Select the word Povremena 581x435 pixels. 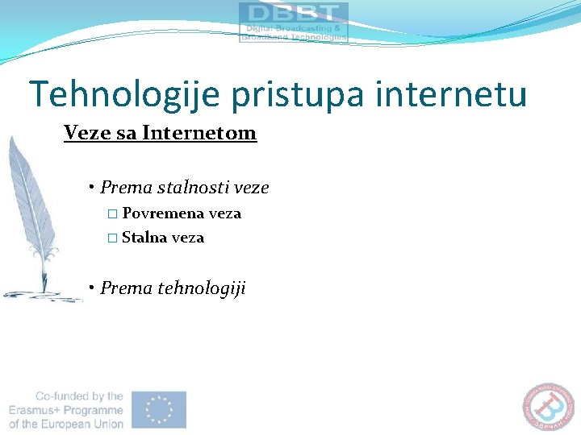pos(163,213)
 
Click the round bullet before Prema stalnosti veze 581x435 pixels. pos(94,188)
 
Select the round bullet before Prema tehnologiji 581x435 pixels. pos(94,288)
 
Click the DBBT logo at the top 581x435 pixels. pos(294,22)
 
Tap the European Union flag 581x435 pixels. pos(159,409)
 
